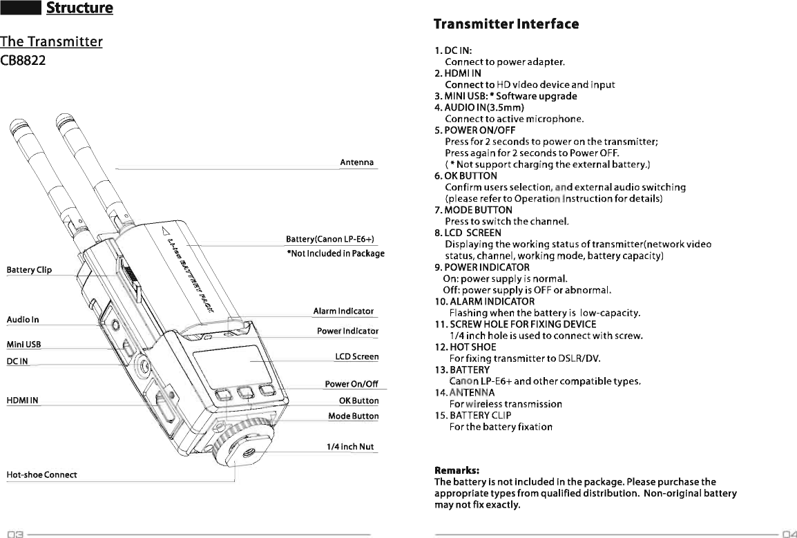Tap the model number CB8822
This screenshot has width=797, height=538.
[23, 61]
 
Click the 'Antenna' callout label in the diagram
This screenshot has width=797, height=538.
[356, 162]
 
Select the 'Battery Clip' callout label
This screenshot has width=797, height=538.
[29, 269]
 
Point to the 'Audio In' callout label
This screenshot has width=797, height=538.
[23, 320]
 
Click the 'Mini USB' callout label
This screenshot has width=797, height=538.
[23, 345]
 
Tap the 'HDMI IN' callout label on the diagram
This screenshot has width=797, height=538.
[22, 400]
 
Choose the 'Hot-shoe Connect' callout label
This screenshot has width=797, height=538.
[41, 474]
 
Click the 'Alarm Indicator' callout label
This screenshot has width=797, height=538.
[343, 311]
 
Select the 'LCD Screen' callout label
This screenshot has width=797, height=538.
[356, 357]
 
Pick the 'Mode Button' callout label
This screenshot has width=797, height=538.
[353, 416]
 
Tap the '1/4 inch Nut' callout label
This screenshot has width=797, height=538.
[350, 447]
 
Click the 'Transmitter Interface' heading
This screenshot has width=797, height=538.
[506, 25]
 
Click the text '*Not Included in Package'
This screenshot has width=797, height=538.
[335, 253]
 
